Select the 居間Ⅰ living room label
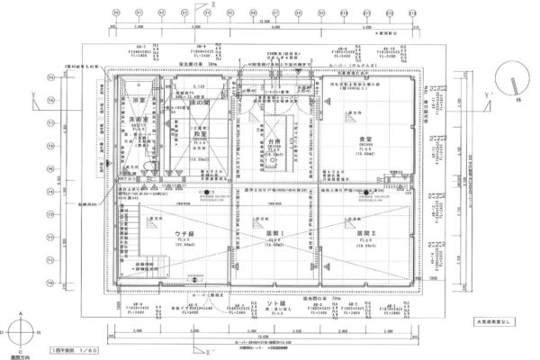tap(272, 237)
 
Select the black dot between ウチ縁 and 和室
tap(206, 190)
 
